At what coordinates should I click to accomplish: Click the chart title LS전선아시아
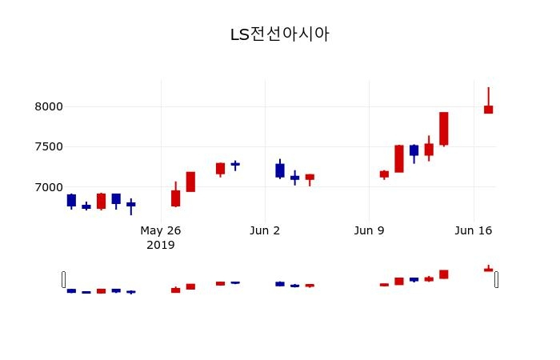click(x=279, y=34)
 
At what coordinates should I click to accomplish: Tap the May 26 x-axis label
click(x=161, y=230)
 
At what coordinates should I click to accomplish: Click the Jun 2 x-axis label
click(x=265, y=230)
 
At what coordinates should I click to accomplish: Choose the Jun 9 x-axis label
click(x=369, y=230)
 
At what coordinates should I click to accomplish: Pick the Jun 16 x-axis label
click(x=473, y=230)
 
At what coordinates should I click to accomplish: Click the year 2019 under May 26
click(x=161, y=245)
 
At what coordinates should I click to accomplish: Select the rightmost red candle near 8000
click(x=488, y=110)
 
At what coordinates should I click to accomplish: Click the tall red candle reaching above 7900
click(x=443, y=128)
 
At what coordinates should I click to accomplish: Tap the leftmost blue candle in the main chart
click(x=71, y=200)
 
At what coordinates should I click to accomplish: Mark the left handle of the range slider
click(x=64, y=279)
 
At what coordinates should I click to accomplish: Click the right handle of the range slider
click(x=496, y=279)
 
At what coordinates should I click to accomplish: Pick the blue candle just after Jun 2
click(x=279, y=170)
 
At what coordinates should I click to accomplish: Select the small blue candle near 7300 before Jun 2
click(x=235, y=164)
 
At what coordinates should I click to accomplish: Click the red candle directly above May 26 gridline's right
click(x=175, y=198)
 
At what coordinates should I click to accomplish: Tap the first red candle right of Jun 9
click(x=384, y=174)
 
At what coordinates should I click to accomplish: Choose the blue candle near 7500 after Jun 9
click(x=414, y=150)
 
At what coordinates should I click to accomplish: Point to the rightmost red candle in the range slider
click(x=488, y=270)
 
